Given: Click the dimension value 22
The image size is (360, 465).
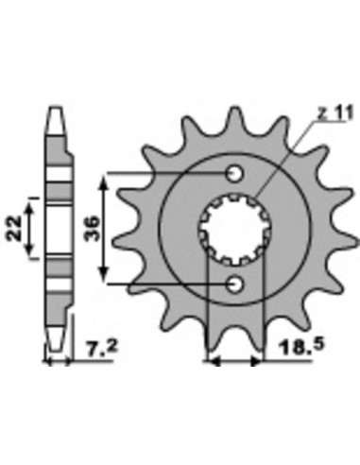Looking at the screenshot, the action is pos(14,229).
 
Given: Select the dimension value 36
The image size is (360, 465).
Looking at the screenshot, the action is pos(92,229).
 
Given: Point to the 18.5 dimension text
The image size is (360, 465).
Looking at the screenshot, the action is pos(300,349).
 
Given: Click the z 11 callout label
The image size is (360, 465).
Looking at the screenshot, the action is pos(334,113).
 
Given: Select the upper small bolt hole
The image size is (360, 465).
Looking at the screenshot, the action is pos(234,173).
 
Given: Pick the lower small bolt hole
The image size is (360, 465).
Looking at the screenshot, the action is pos(234,284).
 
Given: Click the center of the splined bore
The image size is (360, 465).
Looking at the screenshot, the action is pos(233,229).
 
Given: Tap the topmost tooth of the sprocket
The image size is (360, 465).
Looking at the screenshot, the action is pos(234,118).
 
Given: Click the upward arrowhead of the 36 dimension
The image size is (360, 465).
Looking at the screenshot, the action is pos(104,182).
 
